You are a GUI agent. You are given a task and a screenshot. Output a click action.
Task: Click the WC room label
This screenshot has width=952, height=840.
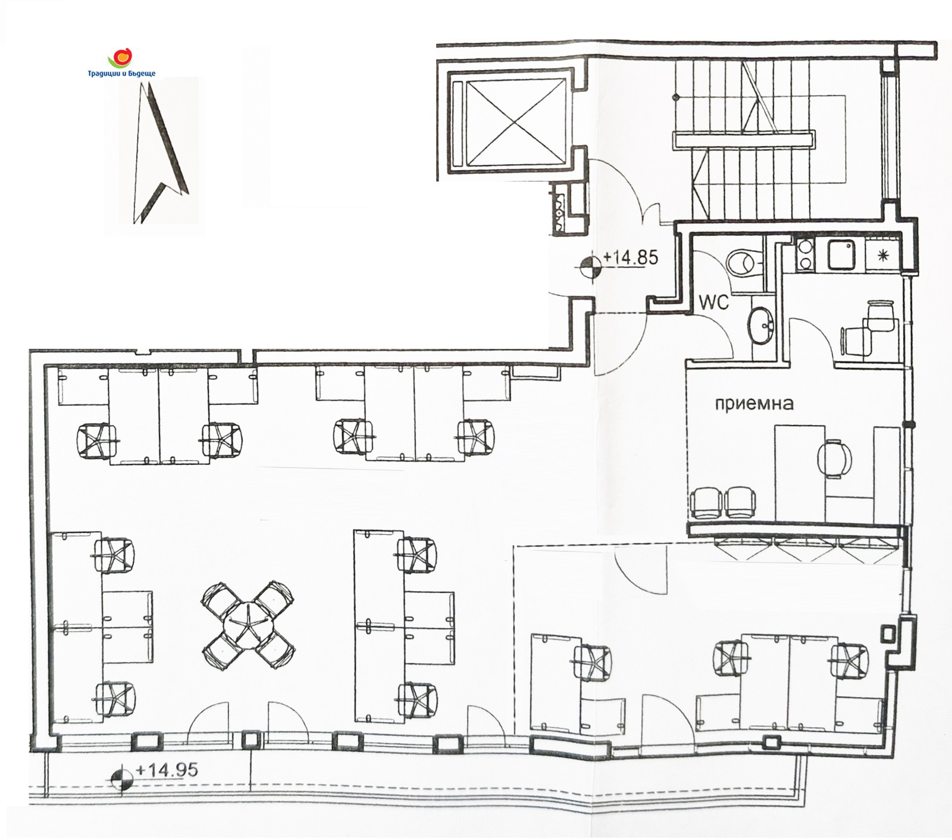[713, 302]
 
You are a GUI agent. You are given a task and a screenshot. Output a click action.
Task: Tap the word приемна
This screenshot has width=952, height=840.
[754, 404]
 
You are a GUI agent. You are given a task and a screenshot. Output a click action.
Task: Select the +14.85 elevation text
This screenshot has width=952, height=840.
[631, 257]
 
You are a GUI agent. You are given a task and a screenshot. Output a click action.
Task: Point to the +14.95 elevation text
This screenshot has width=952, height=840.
[167, 770]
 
